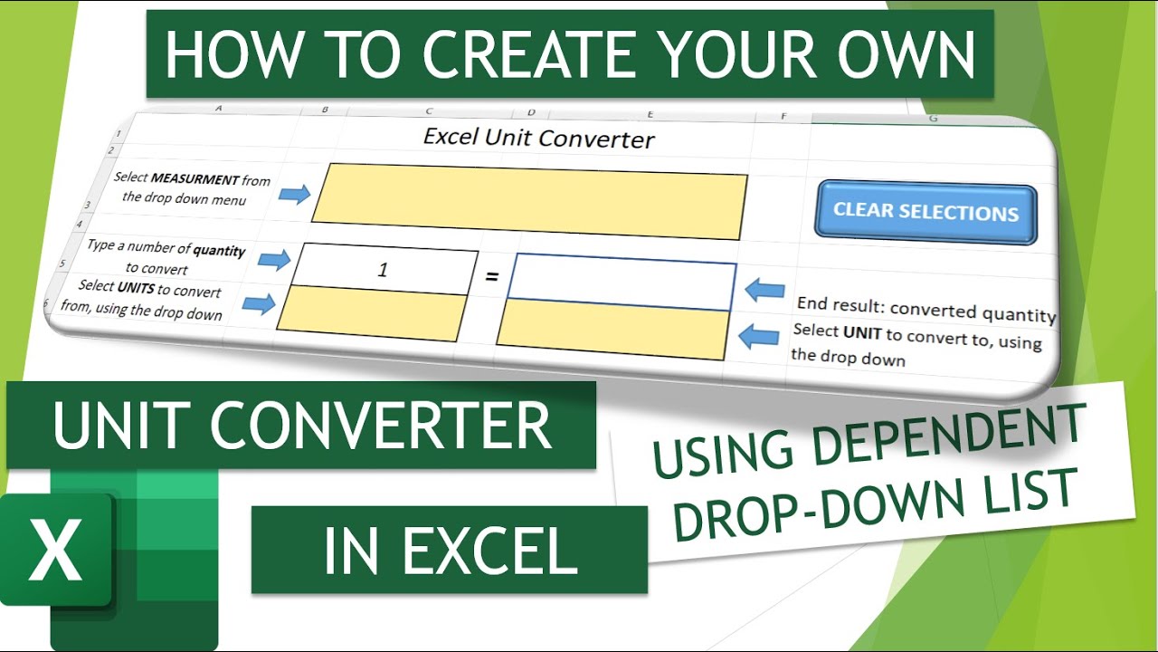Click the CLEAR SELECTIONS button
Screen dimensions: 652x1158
pos(925,213)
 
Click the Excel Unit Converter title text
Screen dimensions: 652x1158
pos(539,139)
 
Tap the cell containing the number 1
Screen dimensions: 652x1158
pos(383,270)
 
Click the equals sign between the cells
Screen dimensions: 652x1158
pos(492,275)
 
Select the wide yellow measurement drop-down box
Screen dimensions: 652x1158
pos(530,201)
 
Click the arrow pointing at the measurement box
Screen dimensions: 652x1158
pos(294,194)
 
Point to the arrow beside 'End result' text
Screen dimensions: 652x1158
pos(765,290)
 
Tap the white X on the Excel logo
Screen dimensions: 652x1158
pos(54,549)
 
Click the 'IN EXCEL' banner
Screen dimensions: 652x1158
pos(450,550)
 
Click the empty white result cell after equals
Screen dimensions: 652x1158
pos(622,281)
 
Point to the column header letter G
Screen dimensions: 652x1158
pos(933,119)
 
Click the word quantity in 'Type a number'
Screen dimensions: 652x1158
pos(219,251)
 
